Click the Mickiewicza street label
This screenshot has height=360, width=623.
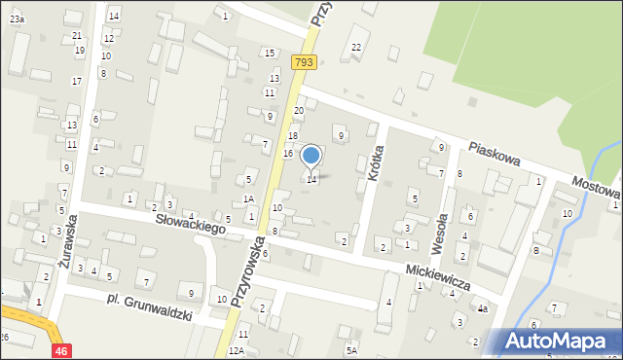[439, 274]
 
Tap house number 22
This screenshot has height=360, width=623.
[356, 47]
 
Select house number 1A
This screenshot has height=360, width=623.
[248, 198]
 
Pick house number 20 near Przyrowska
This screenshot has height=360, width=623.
[299, 111]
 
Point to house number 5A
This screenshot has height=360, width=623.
[351, 349]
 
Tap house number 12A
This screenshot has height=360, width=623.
[236, 349]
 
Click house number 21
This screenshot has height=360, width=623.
[77, 36]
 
